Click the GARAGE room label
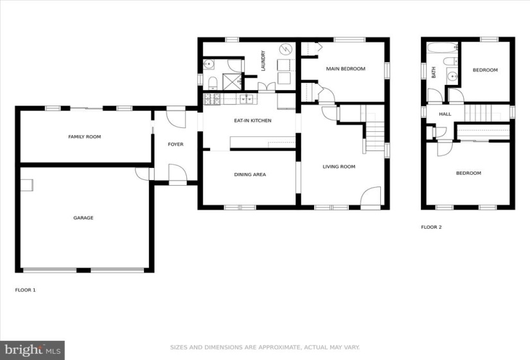pos(83,218)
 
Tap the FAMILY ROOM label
pos(85,137)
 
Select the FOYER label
pos(176,145)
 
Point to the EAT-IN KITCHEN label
pos(253,120)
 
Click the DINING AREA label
pos(250,175)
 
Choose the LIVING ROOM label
pos(339,166)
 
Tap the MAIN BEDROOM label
pos(346,69)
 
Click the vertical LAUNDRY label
pos(263,61)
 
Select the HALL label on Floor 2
pos(445,114)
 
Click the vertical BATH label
pos(434,73)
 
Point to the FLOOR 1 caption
pos(25,290)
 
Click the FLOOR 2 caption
pos(431,227)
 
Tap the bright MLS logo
pos(33,350)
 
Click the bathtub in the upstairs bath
pos(442,48)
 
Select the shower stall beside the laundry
pos(232,82)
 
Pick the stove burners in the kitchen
pos(212,99)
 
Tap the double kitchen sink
pos(247,99)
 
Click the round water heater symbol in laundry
pos(285,50)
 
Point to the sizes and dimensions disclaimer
pos(265,347)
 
